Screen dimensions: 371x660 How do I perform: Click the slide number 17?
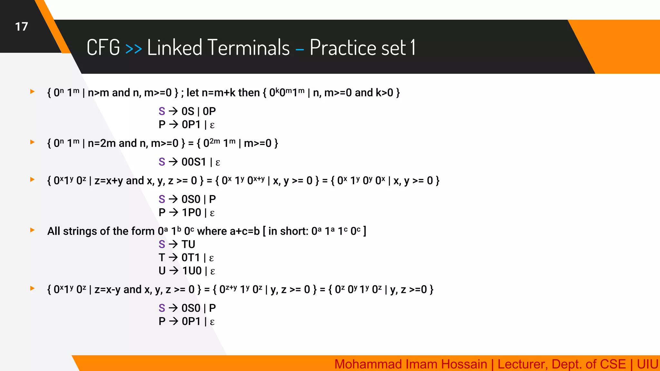tap(22, 27)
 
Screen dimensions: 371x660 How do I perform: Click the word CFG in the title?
tap(103, 47)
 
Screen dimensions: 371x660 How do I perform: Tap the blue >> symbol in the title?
tap(133, 49)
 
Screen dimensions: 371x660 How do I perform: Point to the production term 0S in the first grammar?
tap(188, 111)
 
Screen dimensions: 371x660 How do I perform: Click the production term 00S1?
tap(194, 162)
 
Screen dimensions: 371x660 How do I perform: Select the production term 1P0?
tap(191, 213)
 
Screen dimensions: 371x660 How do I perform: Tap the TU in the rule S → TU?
tap(188, 244)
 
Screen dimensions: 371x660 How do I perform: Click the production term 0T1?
tap(191, 258)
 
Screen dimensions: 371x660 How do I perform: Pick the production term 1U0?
tap(192, 271)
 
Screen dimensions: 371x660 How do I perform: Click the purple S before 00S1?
tap(162, 162)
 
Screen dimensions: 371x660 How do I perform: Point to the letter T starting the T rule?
tap(162, 258)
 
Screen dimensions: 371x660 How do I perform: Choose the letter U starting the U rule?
tap(162, 271)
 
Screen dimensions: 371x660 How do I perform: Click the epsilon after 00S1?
tap(218, 163)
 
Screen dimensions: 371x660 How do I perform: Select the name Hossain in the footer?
tap(464, 364)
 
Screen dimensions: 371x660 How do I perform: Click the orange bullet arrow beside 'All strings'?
tap(32, 230)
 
